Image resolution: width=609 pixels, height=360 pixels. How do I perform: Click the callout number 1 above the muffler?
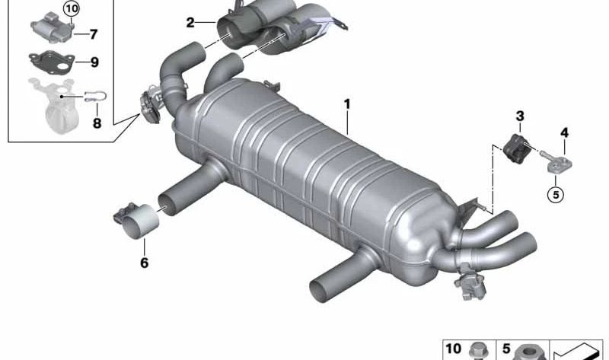[x=347, y=104]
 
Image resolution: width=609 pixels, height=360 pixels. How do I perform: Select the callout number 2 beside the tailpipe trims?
[x=190, y=23]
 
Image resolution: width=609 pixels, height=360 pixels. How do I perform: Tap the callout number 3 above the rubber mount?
[x=520, y=116]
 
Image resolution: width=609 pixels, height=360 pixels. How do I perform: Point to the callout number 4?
[x=564, y=133]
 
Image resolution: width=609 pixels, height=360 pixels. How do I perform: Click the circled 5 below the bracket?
[x=556, y=195]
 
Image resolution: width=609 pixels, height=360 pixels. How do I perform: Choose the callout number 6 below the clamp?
[x=144, y=263]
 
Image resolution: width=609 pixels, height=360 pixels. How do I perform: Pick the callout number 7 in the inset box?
[x=93, y=34]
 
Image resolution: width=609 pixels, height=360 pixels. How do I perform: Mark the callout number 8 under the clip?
[x=97, y=123]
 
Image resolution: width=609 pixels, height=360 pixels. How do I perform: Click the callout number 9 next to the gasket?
[x=94, y=62]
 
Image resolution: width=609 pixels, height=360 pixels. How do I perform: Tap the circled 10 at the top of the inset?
[x=72, y=8]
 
